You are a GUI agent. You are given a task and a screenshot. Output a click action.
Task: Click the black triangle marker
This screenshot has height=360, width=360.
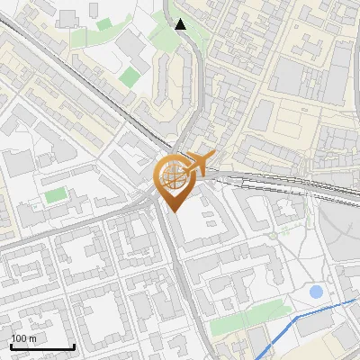(181, 24)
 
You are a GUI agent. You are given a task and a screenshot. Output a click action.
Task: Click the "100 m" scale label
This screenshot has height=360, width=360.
(24, 338)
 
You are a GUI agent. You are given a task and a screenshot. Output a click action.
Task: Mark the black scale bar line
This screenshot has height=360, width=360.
(42, 347)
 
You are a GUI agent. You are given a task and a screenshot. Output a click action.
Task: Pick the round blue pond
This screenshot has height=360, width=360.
(316, 292)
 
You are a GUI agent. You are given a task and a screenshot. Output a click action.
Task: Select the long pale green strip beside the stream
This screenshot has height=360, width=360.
(248, 314)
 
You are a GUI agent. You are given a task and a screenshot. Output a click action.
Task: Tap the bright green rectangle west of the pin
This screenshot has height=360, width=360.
(56, 195)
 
